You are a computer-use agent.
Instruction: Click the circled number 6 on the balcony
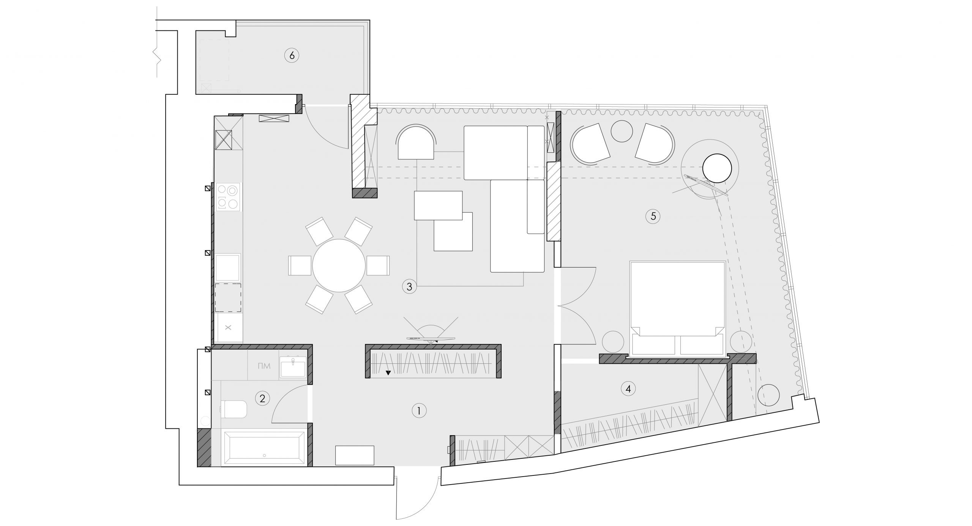292,55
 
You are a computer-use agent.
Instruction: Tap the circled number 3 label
409,287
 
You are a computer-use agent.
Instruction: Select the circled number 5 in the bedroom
653,216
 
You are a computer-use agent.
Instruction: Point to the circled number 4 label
628,389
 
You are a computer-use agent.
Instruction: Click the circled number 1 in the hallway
419,410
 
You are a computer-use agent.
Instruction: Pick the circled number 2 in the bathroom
262,399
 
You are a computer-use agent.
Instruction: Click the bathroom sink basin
293,367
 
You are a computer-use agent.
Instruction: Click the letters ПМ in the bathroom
264,366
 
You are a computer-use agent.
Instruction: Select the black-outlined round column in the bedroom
717,169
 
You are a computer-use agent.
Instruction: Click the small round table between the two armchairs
622,131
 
